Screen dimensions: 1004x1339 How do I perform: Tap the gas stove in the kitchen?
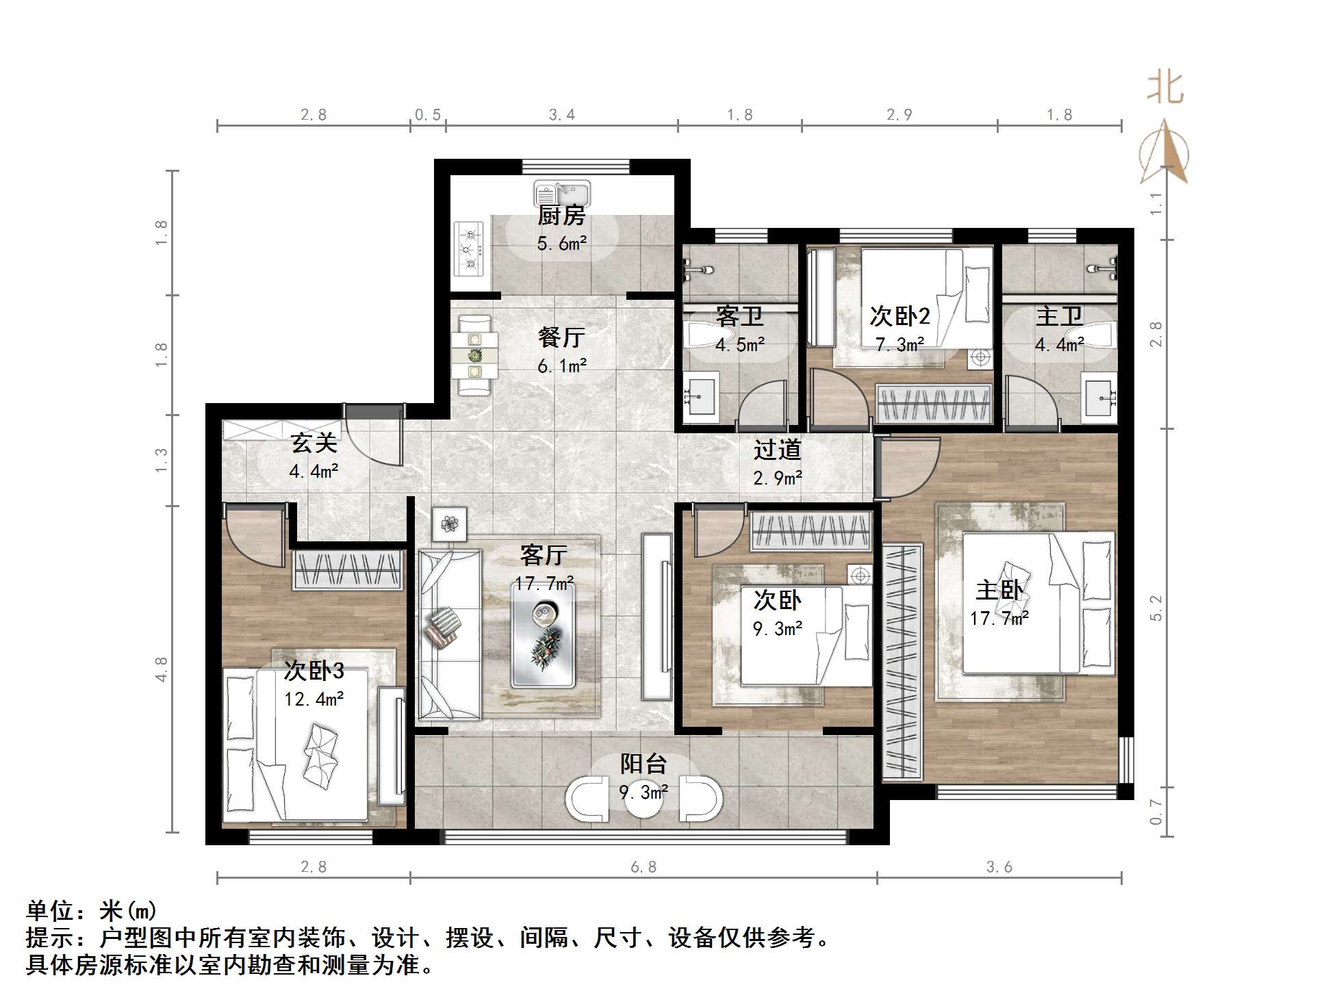point(469,248)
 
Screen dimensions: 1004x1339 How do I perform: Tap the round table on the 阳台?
point(643,799)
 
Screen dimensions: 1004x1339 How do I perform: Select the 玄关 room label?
point(314,443)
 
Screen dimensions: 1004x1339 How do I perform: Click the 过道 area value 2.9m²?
point(777,478)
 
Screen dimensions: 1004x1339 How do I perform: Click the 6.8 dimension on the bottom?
point(643,867)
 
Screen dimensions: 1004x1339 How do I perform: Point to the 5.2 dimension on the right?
point(1156,608)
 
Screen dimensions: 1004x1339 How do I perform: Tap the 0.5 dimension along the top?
point(428,115)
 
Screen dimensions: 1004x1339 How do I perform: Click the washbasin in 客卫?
point(700,396)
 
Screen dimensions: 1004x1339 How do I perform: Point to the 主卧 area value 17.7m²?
point(999,619)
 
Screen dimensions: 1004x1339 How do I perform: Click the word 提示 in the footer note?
point(50,938)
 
